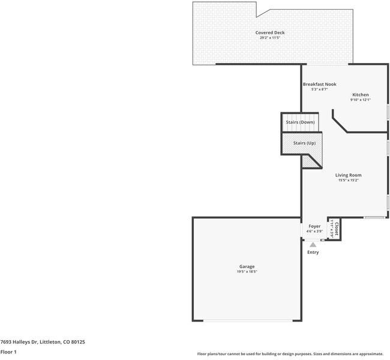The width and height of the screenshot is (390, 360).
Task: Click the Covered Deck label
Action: click(270, 32)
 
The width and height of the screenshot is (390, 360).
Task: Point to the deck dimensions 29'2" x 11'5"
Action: click(270, 38)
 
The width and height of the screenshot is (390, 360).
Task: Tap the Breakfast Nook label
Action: click(319, 85)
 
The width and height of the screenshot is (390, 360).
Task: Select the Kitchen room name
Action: click(361, 95)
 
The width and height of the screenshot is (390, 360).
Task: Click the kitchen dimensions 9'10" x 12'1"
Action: click(361, 100)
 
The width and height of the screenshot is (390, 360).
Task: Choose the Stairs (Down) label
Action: click(300, 122)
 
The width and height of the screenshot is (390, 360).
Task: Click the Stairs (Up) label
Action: click(304, 143)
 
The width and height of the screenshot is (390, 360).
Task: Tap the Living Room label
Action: click(348, 175)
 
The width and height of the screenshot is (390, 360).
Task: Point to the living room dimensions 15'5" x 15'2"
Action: click(348, 181)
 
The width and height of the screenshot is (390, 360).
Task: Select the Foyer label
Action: click(314, 226)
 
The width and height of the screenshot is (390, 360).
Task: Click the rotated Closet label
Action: click(337, 229)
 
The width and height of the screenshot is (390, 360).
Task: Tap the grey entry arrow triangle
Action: click(313, 244)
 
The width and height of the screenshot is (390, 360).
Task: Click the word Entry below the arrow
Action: click(313, 252)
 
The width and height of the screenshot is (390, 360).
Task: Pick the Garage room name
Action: click(247, 266)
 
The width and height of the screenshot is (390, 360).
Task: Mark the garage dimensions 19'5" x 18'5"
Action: click(247, 272)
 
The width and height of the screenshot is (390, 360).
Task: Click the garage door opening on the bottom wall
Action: click(247, 320)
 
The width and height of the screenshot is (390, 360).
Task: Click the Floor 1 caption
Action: click(8, 352)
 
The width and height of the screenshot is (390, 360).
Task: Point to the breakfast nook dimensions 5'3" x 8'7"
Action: click(319, 90)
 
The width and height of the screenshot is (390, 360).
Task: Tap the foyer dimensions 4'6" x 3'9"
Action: click(314, 232)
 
